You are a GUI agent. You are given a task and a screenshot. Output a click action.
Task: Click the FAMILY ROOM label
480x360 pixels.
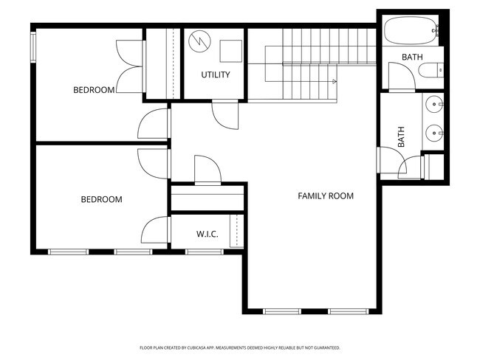[325, 196]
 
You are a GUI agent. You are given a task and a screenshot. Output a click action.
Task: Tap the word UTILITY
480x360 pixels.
[216, 75]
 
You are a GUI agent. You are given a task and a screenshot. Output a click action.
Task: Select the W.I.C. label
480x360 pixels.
[207, 235]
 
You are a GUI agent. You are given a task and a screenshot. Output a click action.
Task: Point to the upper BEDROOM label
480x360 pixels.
[94, 90]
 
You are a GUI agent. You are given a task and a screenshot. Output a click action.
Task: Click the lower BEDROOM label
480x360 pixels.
[101, 199]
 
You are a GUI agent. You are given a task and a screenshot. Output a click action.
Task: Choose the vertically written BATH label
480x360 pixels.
[402, 137]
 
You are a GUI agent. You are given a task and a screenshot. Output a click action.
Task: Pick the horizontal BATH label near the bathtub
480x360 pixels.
[412, 58]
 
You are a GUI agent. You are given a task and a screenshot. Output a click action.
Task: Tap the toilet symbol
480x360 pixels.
[430, 72]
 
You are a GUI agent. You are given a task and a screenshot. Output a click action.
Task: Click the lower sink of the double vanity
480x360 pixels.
[434, 134]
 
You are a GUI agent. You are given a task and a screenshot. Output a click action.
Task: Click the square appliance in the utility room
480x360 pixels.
[230, 49]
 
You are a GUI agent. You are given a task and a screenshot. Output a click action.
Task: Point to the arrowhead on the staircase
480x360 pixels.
[335, 81]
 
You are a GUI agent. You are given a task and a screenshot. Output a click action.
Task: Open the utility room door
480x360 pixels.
[224, 115]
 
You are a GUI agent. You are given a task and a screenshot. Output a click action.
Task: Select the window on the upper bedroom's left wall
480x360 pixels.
[33, 47]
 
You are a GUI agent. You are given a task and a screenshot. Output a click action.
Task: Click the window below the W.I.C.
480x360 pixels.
[204, 252]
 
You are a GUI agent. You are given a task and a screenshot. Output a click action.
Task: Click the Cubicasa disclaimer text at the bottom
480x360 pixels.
[239, 347]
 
